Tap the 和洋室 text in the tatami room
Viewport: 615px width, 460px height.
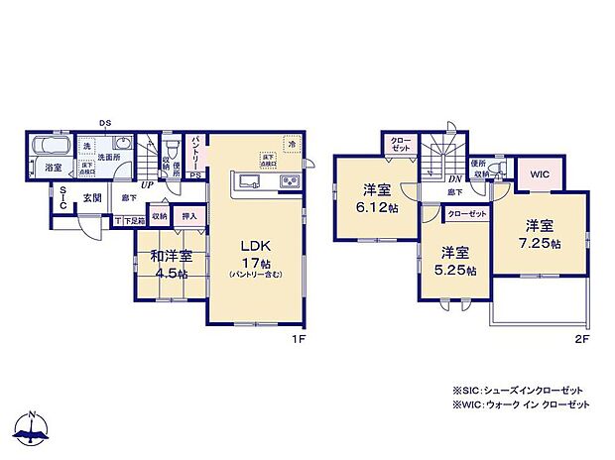(x=170, y=256)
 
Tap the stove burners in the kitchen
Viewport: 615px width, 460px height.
(x=290, y=180)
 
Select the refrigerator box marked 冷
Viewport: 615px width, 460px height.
(x=292, y=144)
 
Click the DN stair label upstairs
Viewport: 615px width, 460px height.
(x=428, y=177)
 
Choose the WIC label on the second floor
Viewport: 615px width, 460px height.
(x=539, y=173)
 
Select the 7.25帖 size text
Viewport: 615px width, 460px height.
(x=540, y=242)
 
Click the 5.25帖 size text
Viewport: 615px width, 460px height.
(x=456, y=270)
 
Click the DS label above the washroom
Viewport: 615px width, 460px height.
(x=104, y=124)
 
